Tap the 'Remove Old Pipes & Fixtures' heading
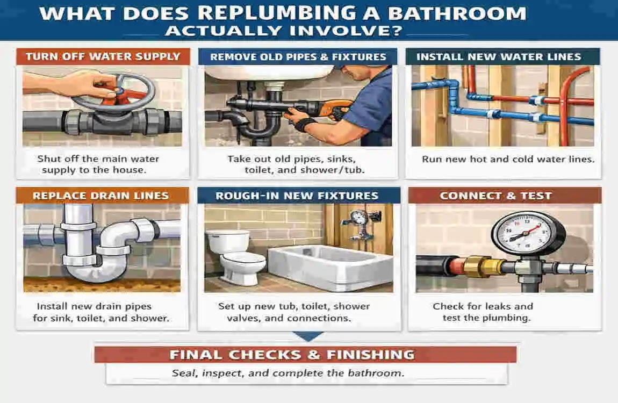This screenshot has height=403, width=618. tap(298, 57)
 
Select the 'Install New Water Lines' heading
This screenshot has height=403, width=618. tap(498, 56)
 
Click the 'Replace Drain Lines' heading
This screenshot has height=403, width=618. tap(100, 196)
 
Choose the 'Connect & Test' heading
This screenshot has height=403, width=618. tap(495, 196)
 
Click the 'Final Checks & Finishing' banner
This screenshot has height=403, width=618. tap(292, 355)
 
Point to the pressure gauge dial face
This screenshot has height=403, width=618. tap(520, 233)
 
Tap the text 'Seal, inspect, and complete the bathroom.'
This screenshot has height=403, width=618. tap(288, 373)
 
